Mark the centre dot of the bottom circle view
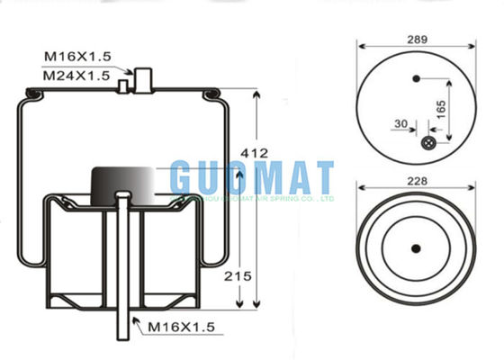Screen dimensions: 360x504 coord(416,249)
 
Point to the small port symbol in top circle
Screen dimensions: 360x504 coord(428,143)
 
